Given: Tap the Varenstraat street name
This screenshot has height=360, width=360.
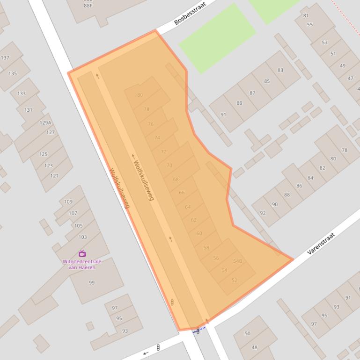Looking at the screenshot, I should point(321,244).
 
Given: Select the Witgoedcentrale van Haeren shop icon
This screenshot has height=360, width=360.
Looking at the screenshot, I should point(82,253).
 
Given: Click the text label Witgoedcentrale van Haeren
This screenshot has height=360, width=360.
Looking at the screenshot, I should point(82,264).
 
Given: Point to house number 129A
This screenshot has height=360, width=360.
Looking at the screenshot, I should point(45,122).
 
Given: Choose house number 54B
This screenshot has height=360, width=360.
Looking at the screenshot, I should point(237,261).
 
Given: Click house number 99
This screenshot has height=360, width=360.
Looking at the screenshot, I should point(92,282).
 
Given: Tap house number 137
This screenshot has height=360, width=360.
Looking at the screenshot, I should point(5,58).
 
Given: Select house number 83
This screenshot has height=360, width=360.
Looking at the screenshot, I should point(280,70).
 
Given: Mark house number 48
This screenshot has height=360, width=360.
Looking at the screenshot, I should point(254,347).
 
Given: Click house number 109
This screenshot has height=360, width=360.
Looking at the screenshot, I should point(68,202).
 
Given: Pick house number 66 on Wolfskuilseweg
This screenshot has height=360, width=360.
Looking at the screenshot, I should point(182,193).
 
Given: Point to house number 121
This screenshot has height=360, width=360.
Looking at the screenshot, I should point(54,176).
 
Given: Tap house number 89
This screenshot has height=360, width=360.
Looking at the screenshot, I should point(240,103).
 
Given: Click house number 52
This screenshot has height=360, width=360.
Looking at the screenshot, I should point(235,280).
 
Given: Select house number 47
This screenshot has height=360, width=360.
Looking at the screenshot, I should point(351,78).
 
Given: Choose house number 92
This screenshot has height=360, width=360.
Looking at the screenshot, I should point(263,213).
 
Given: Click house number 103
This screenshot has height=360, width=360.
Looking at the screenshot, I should point(82,237).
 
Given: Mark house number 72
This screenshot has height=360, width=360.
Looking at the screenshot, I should point(163,151).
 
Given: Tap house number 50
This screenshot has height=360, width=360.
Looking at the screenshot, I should point(248,333).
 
